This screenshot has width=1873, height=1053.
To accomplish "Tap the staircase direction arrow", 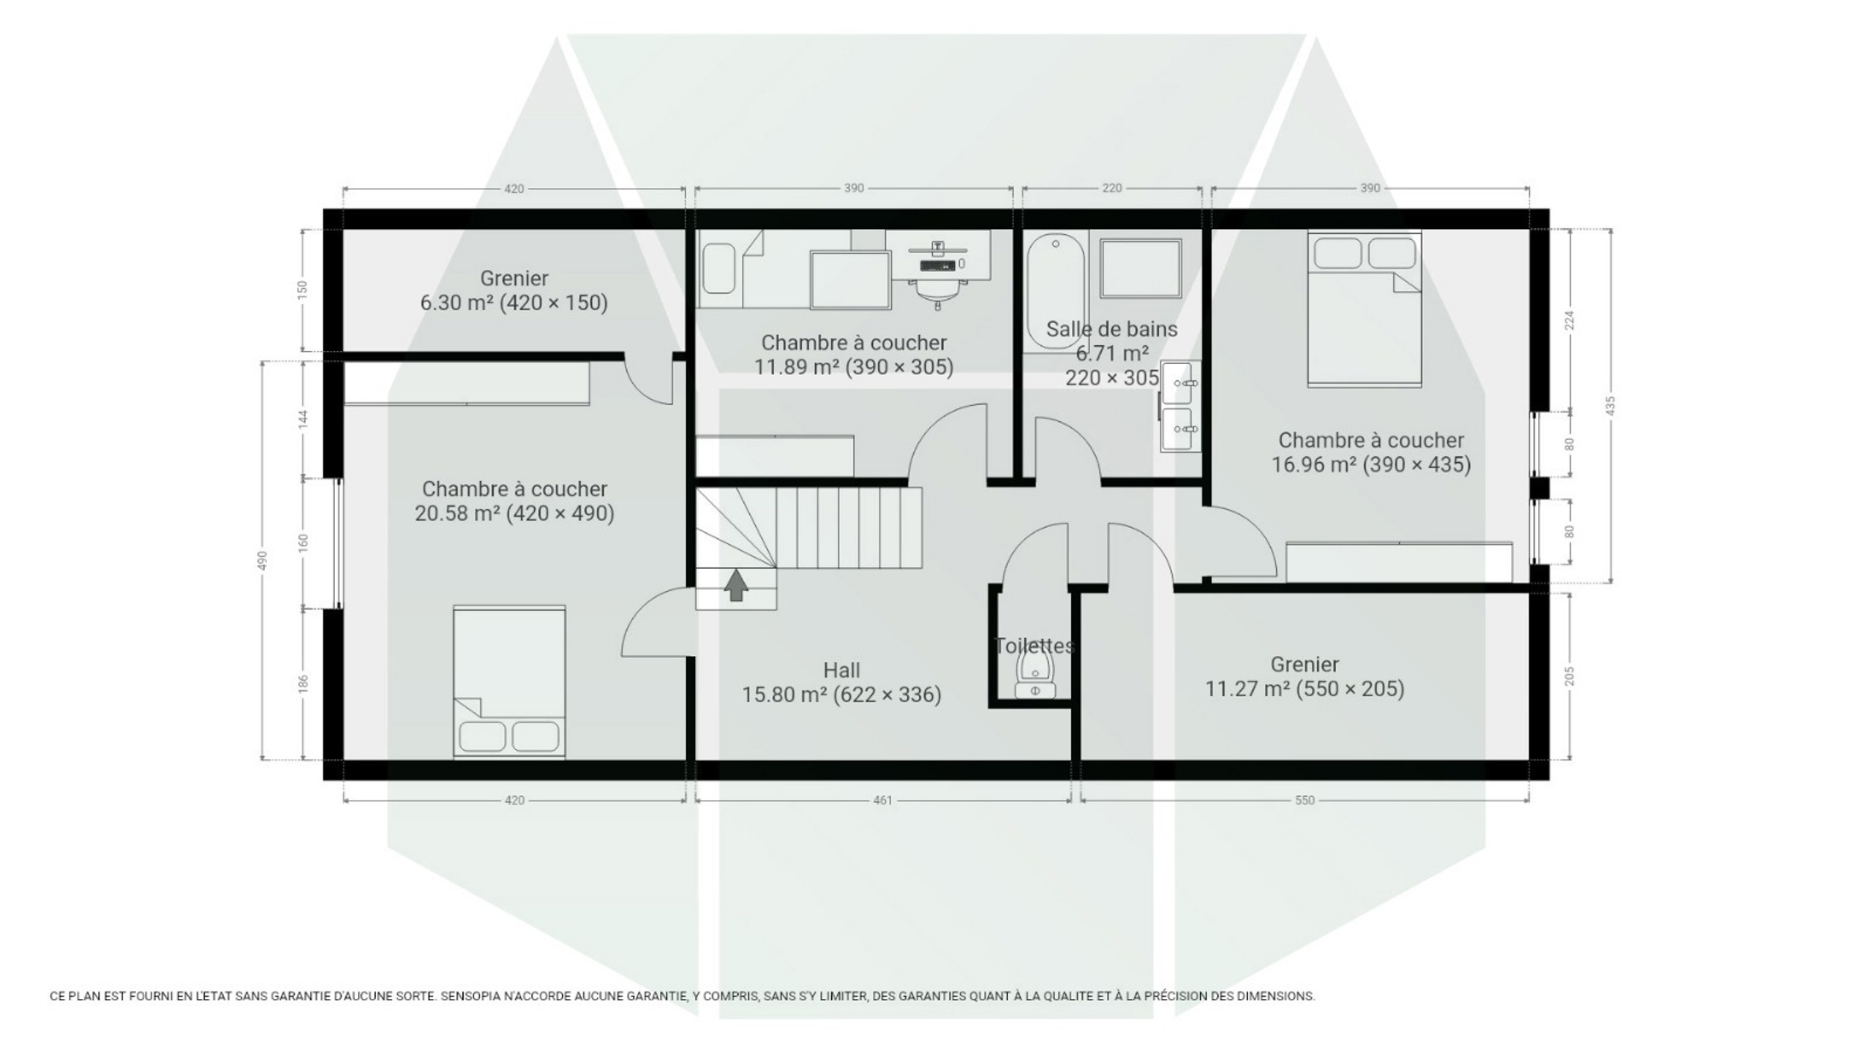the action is click(736, 585).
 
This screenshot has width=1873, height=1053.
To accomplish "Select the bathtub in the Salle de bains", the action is click(1056, 292).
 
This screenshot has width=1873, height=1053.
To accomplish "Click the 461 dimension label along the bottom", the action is click(883, 801).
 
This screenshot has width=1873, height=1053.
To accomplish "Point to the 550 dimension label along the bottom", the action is click(1305, 801).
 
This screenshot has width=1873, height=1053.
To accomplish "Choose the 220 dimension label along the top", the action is click(1111, 189).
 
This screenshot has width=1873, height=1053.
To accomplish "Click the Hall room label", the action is click(841, 670).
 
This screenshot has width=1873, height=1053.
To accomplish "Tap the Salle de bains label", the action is click(1111, 329).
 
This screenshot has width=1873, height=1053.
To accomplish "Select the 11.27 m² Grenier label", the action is click(1305, 676).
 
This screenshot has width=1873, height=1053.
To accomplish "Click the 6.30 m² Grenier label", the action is click(514, 290).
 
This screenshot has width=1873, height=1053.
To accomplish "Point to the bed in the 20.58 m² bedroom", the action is click(509, 682).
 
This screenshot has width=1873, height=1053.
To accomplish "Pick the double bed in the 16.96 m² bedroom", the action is click(1365, 309).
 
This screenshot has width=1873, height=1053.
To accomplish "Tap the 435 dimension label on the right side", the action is click(1610, 406).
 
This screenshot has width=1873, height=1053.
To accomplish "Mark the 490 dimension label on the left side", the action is click(263, 561).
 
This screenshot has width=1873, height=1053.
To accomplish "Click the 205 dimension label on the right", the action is click(1569, 676).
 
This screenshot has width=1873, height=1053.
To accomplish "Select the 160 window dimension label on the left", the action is click(304, 543).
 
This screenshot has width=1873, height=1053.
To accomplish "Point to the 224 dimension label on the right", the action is click(1569, 320).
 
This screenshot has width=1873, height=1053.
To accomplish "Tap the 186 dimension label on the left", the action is click(304, 684).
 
